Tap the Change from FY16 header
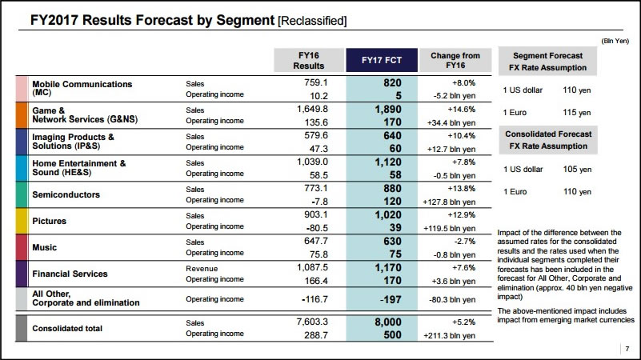point(455,61)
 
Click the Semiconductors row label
point(66,194)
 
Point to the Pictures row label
point(50,221)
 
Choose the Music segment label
point(45,247)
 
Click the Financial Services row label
point(70,274)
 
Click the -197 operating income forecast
point(387,298)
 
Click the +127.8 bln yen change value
point(451,201)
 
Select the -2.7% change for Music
point(466,241)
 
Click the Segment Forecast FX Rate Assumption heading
point(547,61)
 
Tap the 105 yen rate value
point(576,170)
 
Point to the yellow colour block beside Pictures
point(22,221)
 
